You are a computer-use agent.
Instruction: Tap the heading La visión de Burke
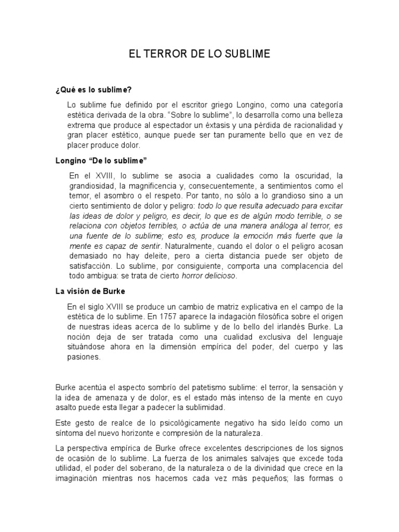click(x=90, y=291)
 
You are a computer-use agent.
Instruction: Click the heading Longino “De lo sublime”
click(x=98, y=160)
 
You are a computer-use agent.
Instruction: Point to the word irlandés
click(x=295, y=327)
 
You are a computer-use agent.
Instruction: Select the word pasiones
click(x=84, y=357)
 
